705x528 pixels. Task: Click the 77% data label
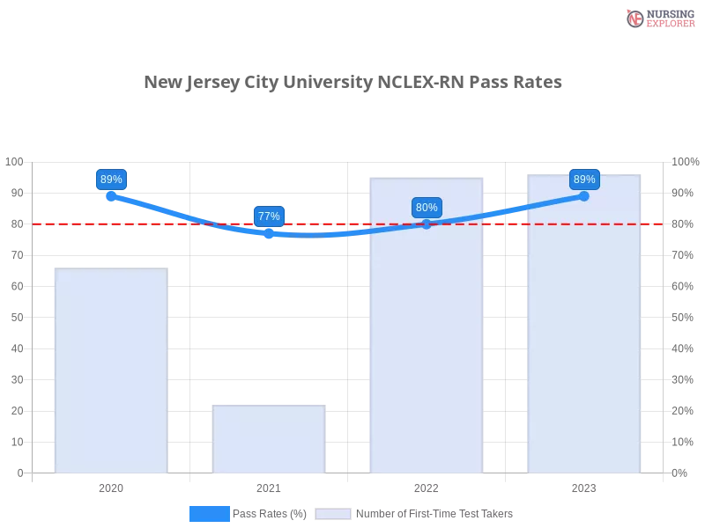click(x=269, y=216)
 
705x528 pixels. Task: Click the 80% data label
click(x=427, y=208)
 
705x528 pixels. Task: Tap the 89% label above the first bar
click(x=111, y=180)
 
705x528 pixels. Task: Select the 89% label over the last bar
click(x=584, y=180)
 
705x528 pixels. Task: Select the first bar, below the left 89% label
click(x=109, y=370)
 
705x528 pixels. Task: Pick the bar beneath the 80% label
click(x=427, y=352)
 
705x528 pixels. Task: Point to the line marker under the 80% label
click(x=427, y=224)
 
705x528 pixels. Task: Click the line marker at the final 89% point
click(x=584, y=195)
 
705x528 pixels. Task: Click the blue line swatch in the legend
click(x=210, y=513)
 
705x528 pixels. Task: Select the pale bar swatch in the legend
click(x=333, y=513)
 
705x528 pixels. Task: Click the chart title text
click(x=352, y=83)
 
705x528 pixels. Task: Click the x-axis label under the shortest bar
click(x=268, y=486)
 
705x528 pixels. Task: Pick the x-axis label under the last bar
click(x=584, y=486)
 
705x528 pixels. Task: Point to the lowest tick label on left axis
click(x=19, y=473)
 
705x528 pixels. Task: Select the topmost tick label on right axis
click(x=685, y=161)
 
